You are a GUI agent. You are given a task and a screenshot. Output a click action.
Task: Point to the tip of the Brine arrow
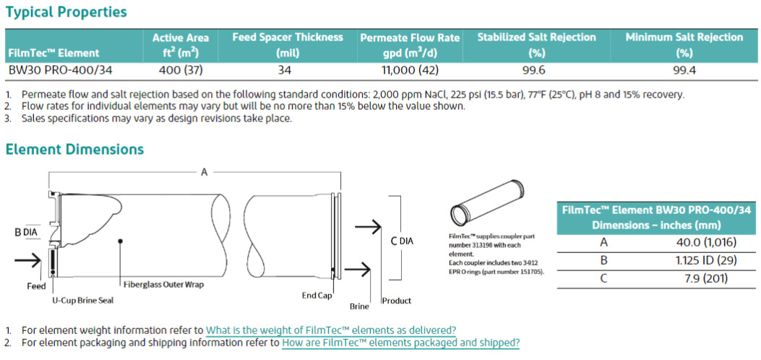pos(371,269)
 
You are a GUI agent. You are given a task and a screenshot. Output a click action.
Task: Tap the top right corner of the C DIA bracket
pos(400,197)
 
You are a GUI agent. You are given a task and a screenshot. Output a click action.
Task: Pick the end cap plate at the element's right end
pos(335,236)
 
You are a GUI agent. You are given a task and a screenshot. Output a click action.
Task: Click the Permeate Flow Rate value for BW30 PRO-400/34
pos(410,70)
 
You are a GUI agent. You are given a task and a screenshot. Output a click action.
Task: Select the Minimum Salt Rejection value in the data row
pos(684,70)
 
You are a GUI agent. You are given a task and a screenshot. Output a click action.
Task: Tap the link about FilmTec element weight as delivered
pos(331,330)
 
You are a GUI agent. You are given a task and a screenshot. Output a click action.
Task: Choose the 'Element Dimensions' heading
pos(74,149)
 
